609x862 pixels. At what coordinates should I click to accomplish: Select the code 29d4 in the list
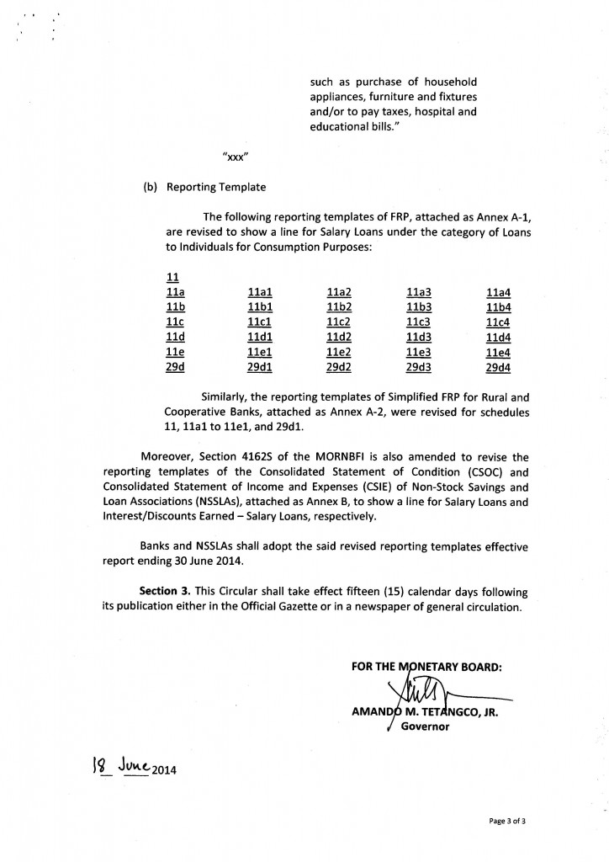[499, 368]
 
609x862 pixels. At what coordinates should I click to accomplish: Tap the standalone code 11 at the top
[173, 277]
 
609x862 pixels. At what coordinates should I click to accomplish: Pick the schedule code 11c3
[418, 322]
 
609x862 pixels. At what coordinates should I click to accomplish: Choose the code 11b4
[499, 307]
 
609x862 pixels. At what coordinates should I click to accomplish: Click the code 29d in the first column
[176, 368]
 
